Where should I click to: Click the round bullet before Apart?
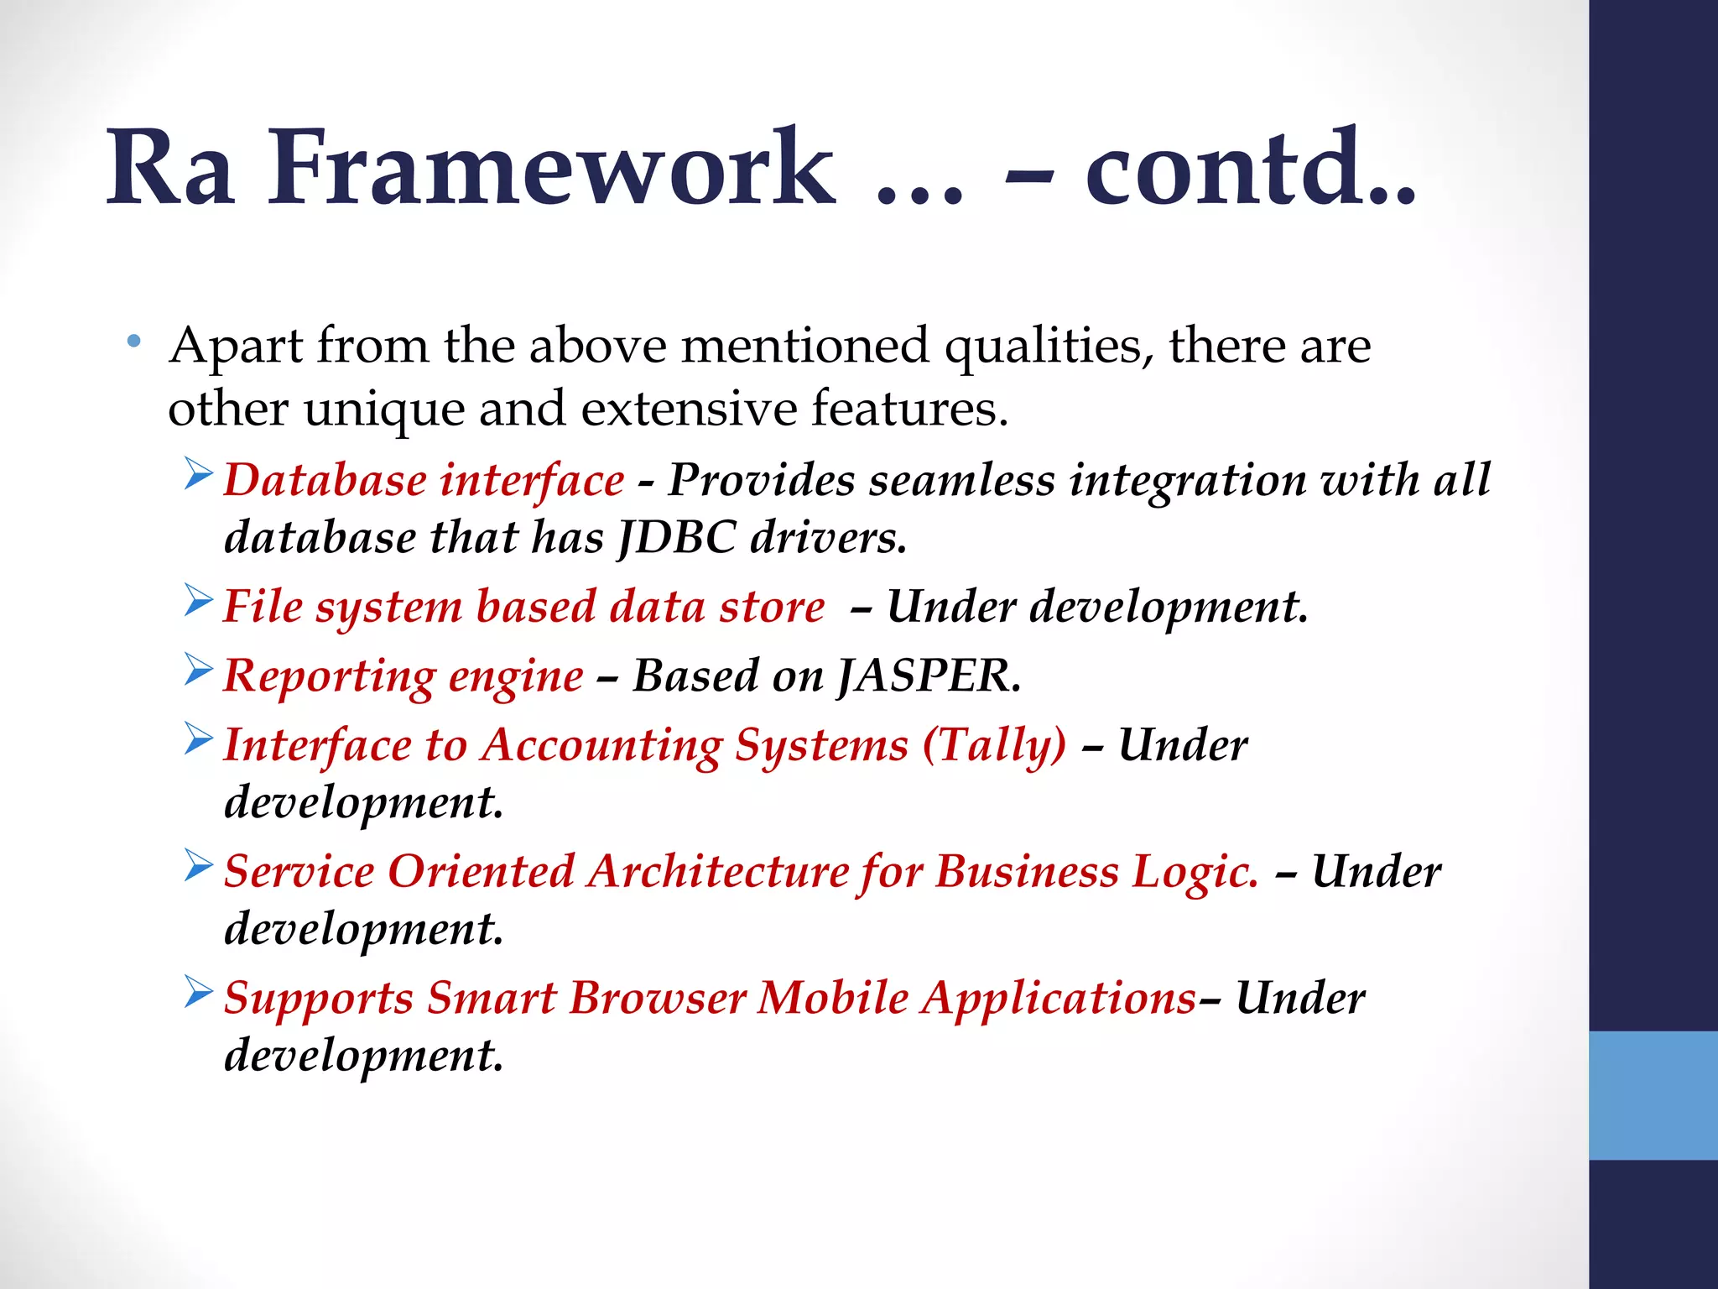pyautogui.click(x=133, y=342)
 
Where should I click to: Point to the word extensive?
pyautogui.click(x=688, y=409)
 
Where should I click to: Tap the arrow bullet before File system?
pyautogui.click(x=199, y=602)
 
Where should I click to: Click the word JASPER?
pyautogui.click(x=929, y=676)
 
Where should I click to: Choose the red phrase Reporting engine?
pyautogui.click(x=403, y=676)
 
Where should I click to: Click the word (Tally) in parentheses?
pyautogui.click(x=994, y=746)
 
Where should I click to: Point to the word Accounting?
pyautogui.click(x=601, y=746)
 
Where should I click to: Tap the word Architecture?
pyautogui.click(x=718, y=872)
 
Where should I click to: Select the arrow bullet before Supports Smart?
pyautogui.click(x=199, y=993)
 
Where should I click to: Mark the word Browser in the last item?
pyautogui.click(x=658, y=999)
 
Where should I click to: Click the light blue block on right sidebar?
pyautogui.click(x=1653, y=1095)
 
